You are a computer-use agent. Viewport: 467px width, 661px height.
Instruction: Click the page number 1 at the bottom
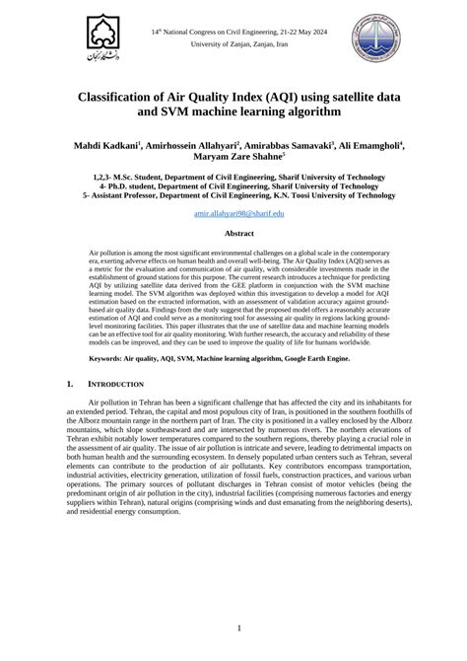click(233, 627)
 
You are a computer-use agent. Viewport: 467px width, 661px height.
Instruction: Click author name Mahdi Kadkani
click(106, 145)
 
